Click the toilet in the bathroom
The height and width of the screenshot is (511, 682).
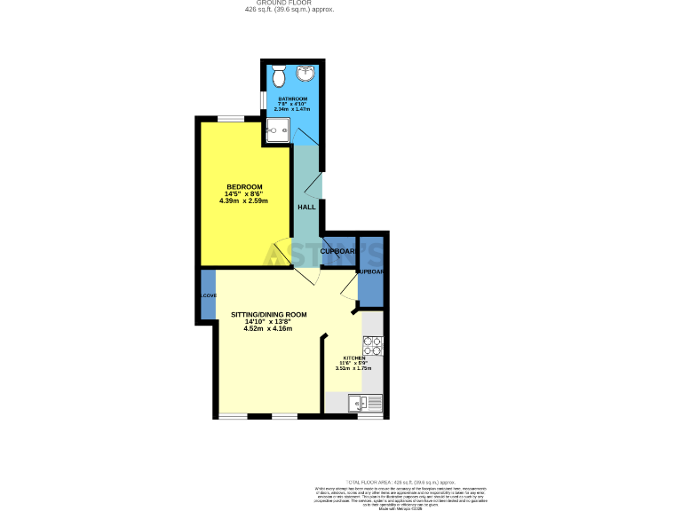point(279,73)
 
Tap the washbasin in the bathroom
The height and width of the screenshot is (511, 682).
point(307,73)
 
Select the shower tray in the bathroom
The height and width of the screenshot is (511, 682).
point(275,132)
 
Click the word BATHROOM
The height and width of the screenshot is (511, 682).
point(293,98)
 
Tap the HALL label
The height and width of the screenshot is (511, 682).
point(306,207)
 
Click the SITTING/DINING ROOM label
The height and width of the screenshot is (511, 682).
point(269,315)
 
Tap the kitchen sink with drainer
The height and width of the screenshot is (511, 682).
point(366,404)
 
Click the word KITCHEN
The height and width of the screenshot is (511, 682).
point(354,358)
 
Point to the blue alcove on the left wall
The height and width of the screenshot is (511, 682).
point(208,295)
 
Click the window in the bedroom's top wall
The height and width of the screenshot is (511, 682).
point(233,118)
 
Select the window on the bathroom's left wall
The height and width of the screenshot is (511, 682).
point(262,100)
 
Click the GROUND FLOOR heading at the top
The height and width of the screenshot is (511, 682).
point(290,3)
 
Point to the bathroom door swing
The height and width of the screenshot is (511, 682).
point(307,136)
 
